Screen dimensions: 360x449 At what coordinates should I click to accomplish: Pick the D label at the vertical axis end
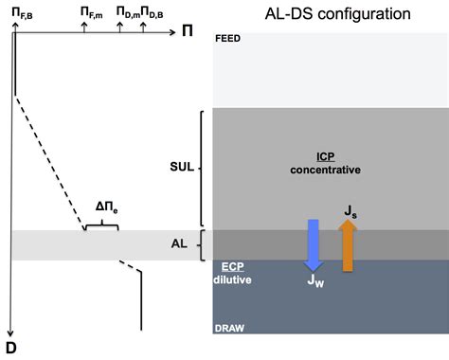[x=10, y=347]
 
